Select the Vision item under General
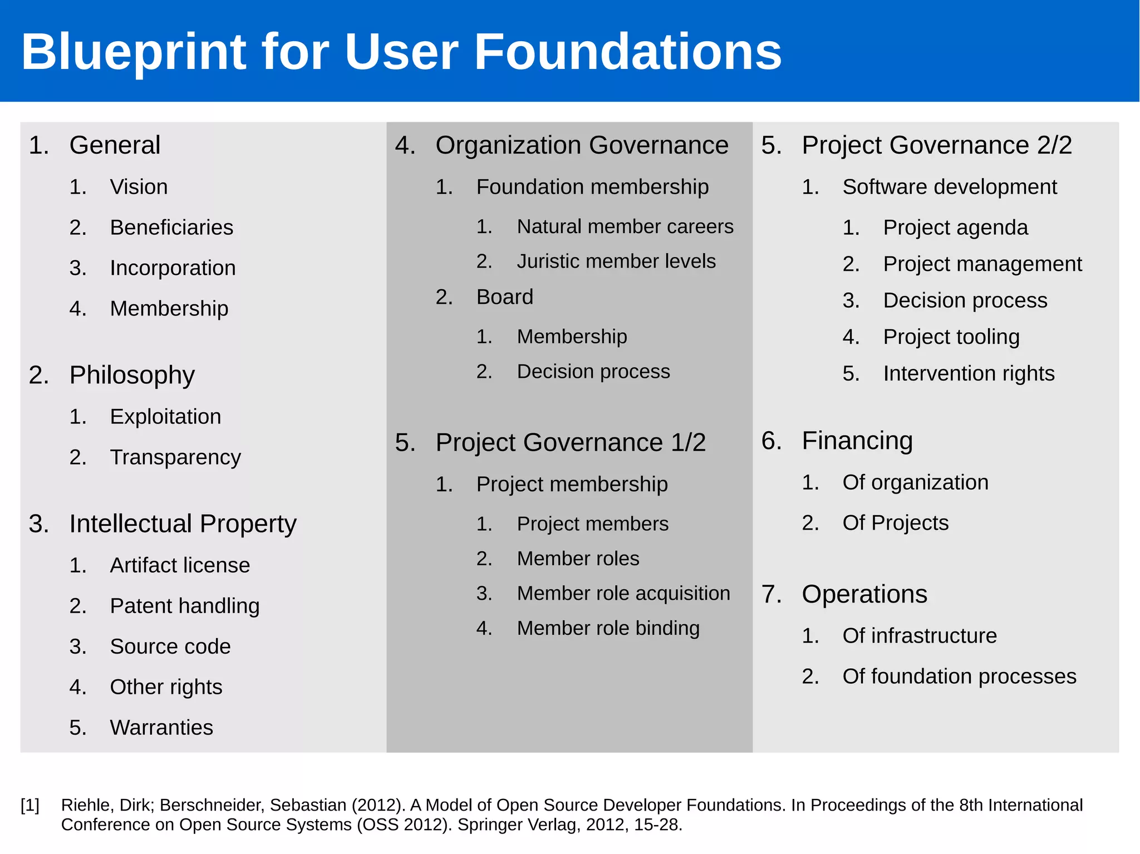pos(139,187)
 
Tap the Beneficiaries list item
pos(171,228)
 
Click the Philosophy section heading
pos(132,375)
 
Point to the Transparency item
pos(175,457)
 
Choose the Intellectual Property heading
pos(183,524)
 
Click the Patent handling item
pos(185,606)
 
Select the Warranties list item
pos(161,728)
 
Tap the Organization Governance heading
pos(582,145)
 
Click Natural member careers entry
pos(625,226)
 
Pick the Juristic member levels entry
pos(616,261)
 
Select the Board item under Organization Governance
pos(504,297)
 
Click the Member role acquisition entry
pos(623,594)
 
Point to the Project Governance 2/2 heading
pos(937,145)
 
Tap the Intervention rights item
pos(969,373)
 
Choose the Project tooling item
pos(951,337)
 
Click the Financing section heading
pos(857,441)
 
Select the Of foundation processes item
pos(959,677)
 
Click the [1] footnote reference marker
pos(30,805)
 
